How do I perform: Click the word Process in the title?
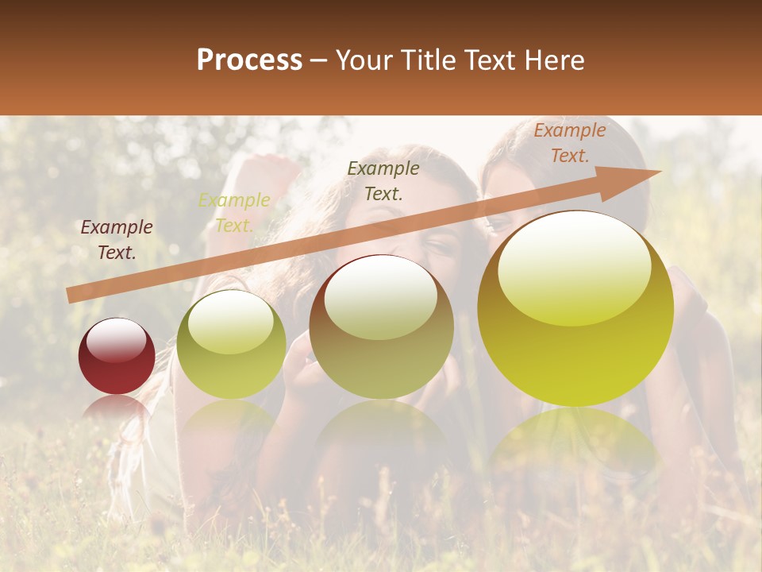point(249,60)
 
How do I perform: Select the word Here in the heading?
point(550,60)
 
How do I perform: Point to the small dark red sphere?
point(117,356)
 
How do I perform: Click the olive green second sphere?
point(231,350)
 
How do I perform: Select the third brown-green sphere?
point(381,334)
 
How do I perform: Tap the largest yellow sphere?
point(575,318)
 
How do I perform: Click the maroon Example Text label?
point(117,240)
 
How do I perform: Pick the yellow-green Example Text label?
point(233,213)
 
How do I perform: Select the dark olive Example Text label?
point(383,180)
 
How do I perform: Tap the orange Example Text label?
point(569,143)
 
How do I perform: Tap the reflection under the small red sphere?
point(117,409)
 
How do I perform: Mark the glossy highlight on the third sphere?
point(380,296)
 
